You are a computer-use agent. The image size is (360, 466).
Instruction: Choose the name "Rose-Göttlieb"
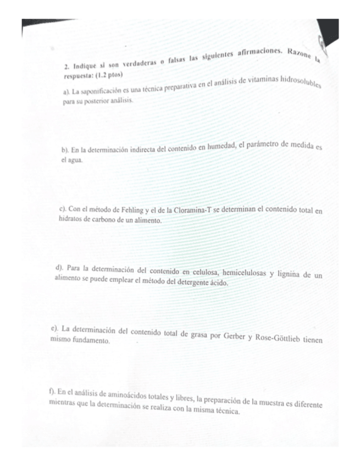pos(278,336)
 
